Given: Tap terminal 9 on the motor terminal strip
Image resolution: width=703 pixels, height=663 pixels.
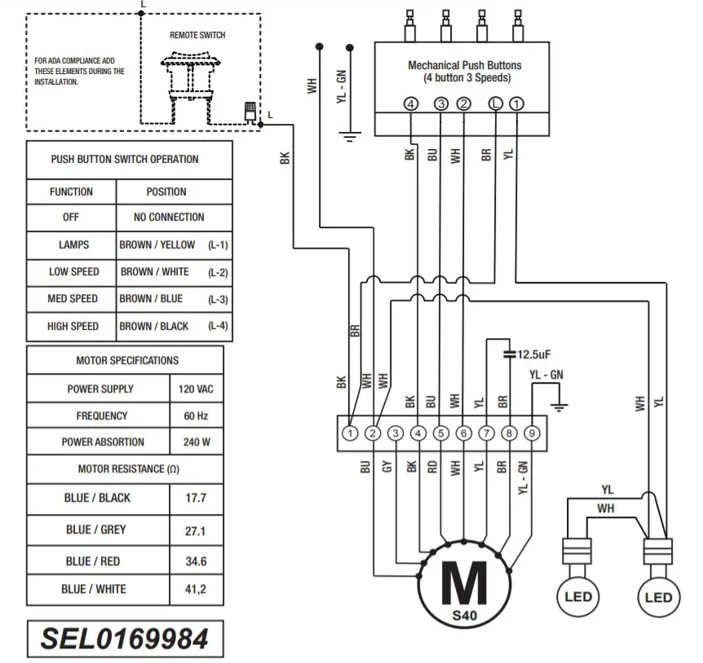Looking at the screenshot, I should coord(532,433).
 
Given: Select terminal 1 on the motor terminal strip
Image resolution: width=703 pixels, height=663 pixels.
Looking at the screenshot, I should coord(350,433).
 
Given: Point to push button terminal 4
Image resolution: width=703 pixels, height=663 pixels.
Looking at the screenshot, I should coord(411,103).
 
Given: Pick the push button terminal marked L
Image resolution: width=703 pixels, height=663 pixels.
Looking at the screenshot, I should coord(495,103).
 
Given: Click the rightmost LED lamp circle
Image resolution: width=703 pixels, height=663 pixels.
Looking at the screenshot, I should coord(657,597).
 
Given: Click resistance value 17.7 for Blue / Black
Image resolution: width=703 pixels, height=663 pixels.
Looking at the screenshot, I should coord(196,498).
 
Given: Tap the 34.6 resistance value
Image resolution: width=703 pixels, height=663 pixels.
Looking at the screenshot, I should coord(196,561).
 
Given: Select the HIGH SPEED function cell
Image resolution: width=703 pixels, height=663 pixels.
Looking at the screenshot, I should coord(73,326).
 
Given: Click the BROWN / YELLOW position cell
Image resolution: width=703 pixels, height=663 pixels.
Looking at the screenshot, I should coord(157,244).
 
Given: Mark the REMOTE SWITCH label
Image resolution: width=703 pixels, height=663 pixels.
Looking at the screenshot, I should coord(197,35).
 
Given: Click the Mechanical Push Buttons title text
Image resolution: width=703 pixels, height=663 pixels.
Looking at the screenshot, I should coord(464,65).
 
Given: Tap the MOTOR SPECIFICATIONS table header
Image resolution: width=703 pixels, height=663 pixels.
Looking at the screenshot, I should coord(127,360).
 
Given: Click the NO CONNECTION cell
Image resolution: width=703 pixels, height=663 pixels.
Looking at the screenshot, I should coord(169,217).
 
